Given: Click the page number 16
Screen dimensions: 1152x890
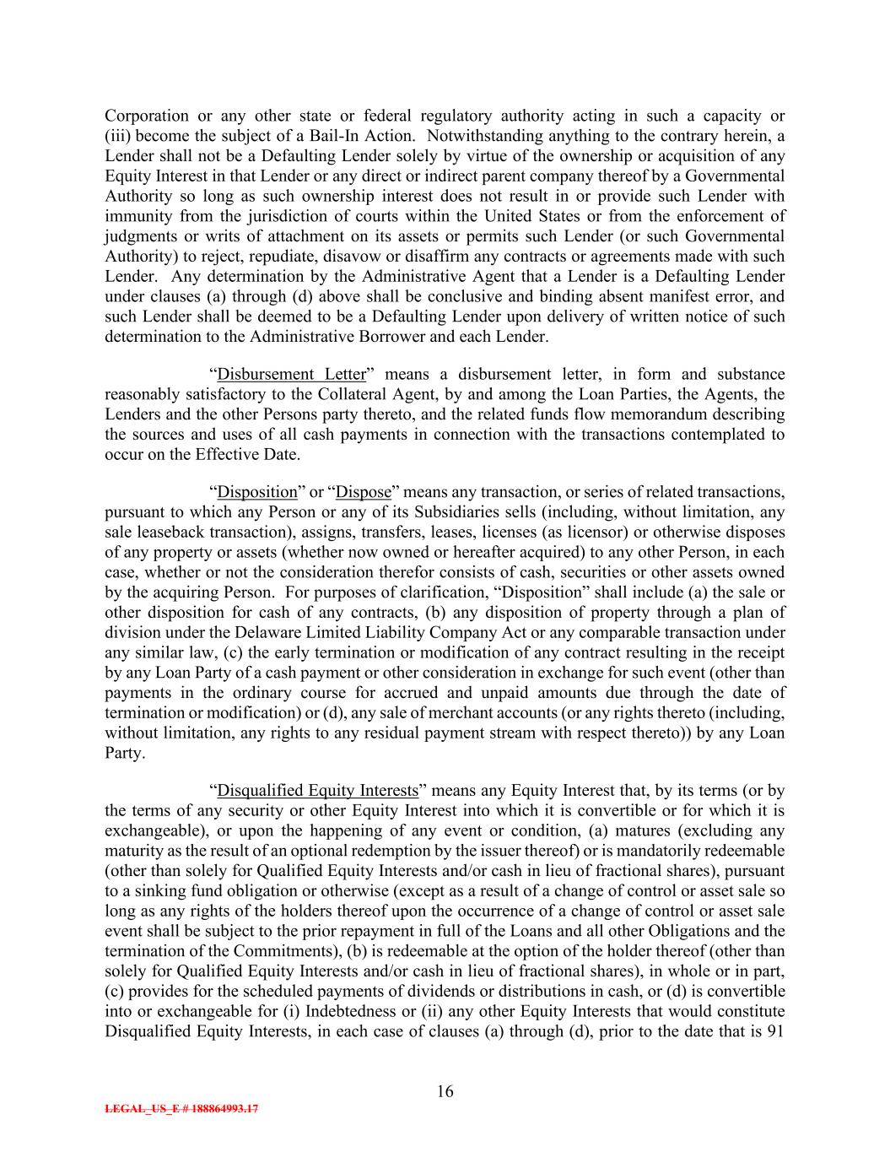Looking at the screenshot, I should click(445, 1091).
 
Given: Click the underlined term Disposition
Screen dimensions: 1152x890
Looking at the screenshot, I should click(257, 492).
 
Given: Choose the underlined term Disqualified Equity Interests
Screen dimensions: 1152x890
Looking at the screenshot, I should click(318, 791).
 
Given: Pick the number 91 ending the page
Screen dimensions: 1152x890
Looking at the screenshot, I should click(776, 1032).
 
